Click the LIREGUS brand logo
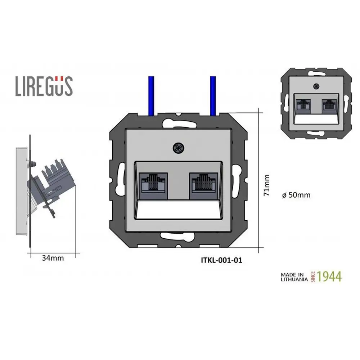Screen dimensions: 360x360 click(44, 86)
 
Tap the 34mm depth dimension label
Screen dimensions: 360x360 click(53, 258)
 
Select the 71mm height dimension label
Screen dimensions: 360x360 click(267, 185)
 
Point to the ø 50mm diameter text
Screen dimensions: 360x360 click(296, 195)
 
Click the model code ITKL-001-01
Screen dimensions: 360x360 click(221, 260)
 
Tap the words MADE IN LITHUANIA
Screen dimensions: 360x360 click(294, 276)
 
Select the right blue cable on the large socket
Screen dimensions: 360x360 click(213, 95)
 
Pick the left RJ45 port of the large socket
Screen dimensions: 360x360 click(153, 185)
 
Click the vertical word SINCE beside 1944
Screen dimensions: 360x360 click(313, 276)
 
